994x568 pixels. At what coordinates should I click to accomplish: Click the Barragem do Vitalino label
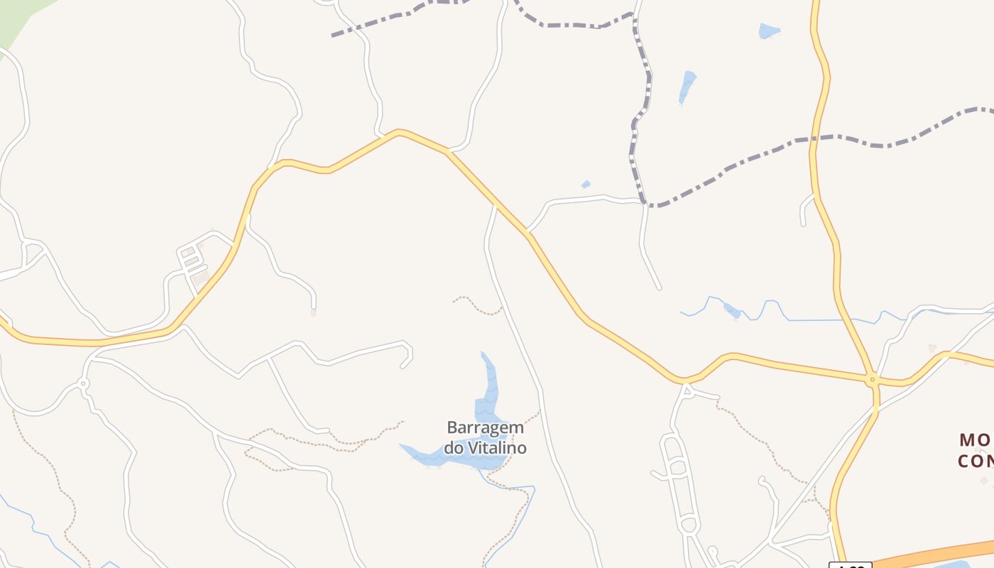486,437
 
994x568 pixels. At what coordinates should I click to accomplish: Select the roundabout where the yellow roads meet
873,381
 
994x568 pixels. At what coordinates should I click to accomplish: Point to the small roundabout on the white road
84,383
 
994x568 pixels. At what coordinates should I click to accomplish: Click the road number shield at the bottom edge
850,565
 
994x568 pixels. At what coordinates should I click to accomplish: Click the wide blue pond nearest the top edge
769,31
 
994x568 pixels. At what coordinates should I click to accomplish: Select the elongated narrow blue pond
687,87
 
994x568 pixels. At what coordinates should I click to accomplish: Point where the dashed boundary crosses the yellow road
814,139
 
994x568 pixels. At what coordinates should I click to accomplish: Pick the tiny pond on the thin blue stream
731,310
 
